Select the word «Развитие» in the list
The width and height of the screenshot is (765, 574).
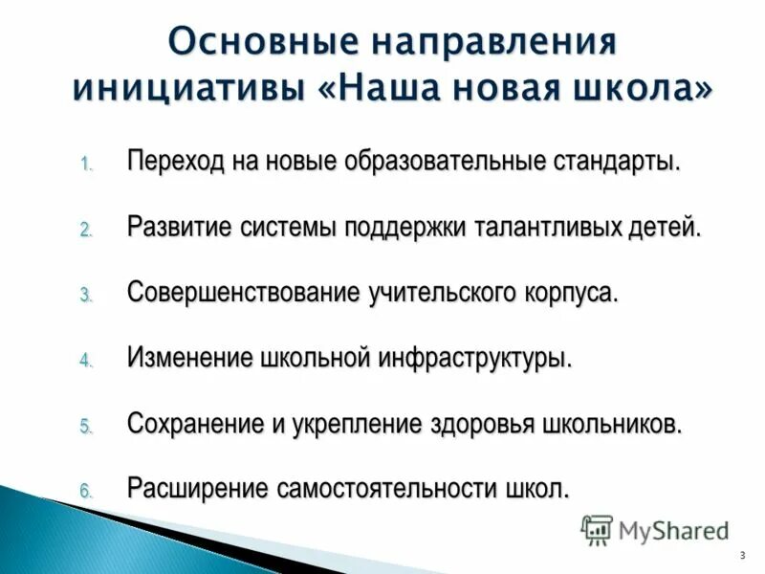tap(176, 227)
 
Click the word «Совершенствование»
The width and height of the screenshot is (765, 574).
tap(243, 292)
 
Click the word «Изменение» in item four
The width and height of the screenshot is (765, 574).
tap(188, 358)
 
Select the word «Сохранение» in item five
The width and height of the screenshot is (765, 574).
tap(194, 424)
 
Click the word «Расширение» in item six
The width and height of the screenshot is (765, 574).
tap(196, 489)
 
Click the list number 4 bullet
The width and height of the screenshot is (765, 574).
tap(84, 362)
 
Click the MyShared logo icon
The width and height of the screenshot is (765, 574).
tap(597, 529)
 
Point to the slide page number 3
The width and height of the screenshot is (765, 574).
tap(742, 556)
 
